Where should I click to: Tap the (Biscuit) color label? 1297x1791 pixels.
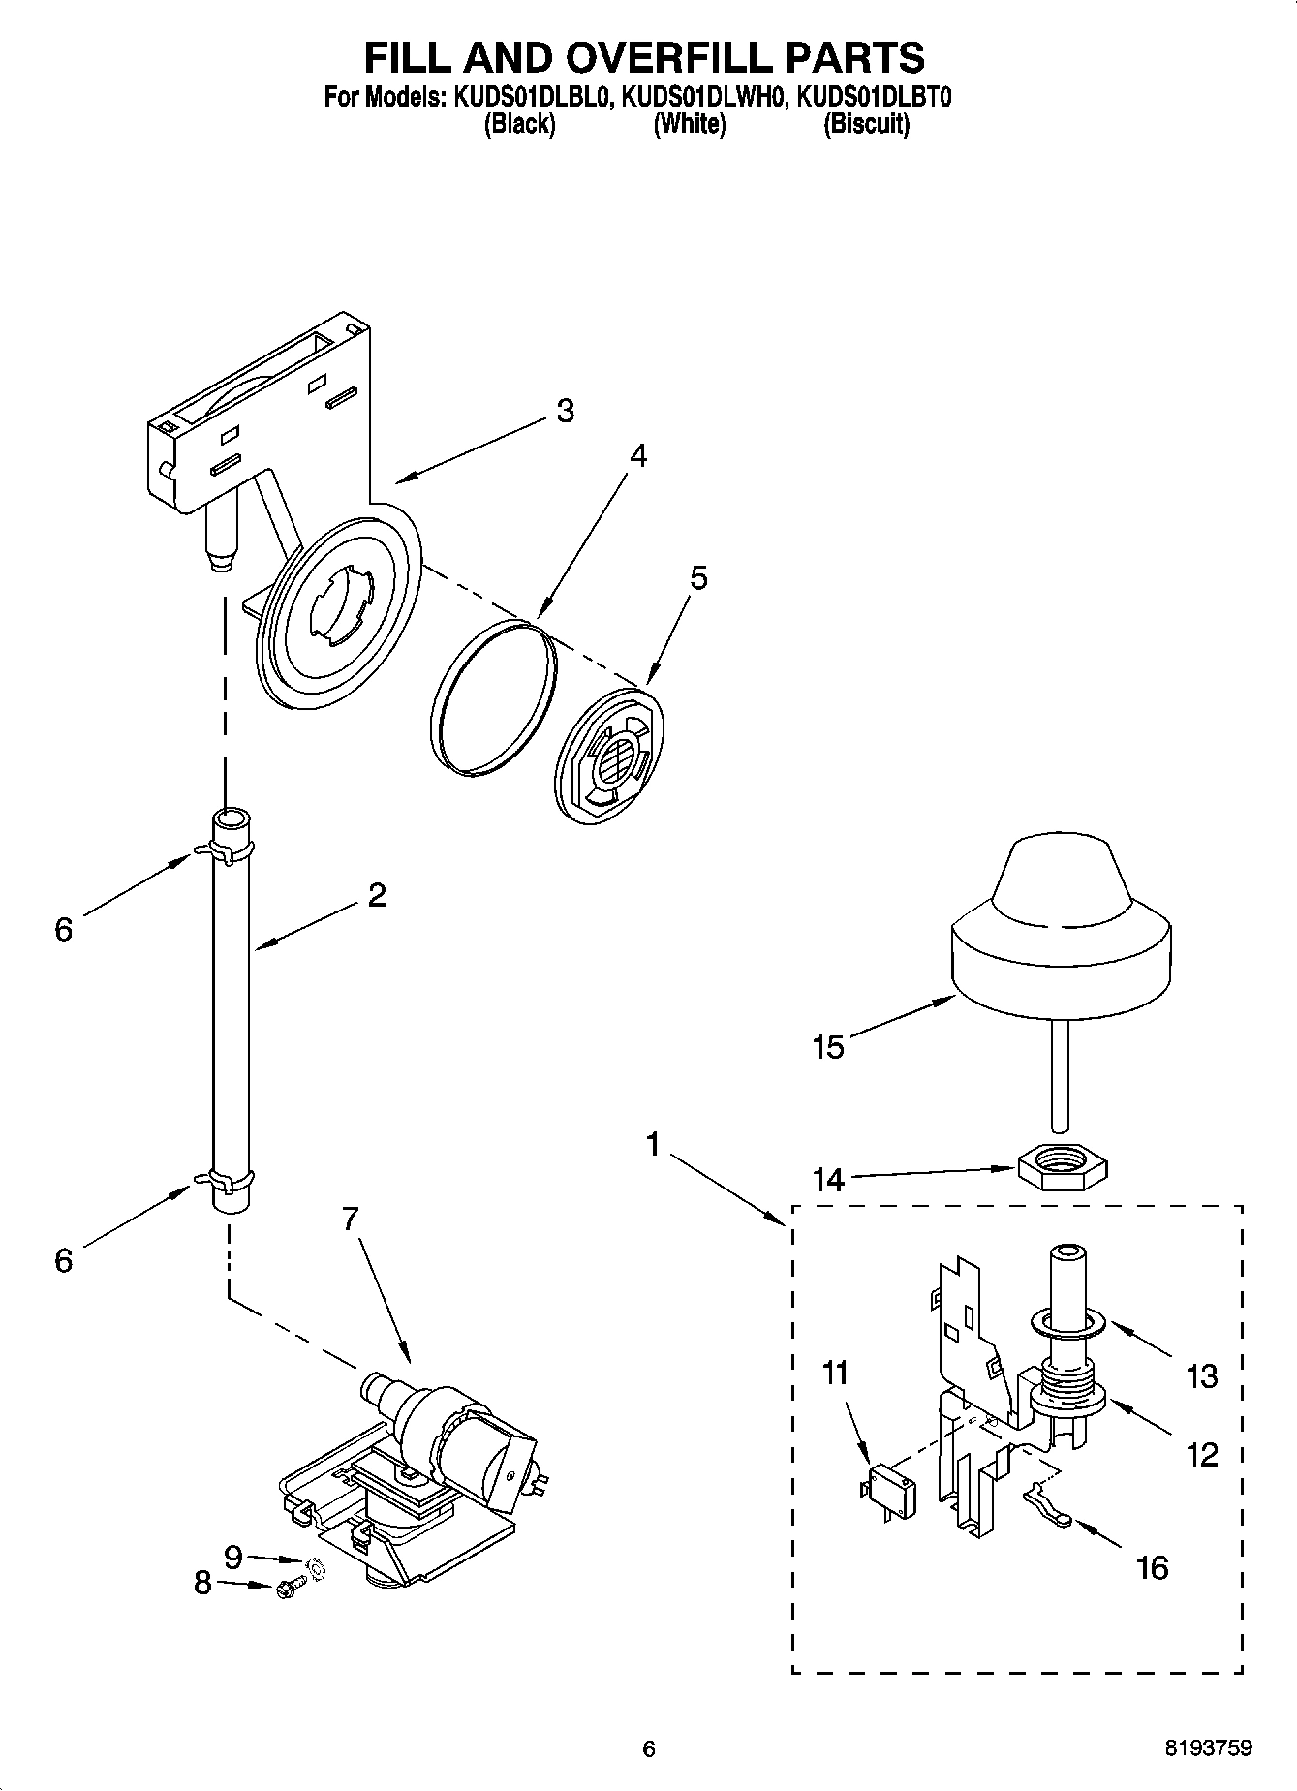(x=866, y=124)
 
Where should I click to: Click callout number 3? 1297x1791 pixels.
(x=565, y=411)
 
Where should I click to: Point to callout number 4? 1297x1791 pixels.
(x=636, y=455)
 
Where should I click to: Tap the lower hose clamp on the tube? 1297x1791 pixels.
(x=229, y=1180)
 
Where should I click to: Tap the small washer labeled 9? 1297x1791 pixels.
(x=316, y=1566)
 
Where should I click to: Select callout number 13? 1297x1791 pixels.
(x=1201, y=1375)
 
